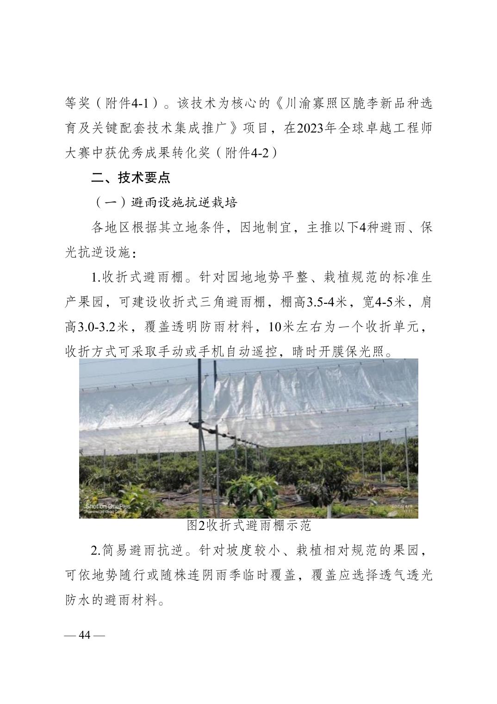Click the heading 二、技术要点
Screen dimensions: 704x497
pos(130,177)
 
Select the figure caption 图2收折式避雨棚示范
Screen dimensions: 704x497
pos(248,525)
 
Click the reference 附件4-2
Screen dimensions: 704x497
pos(251,152)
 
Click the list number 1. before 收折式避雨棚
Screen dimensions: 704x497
pos(96,278)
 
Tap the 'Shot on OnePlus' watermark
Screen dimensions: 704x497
pos(108,506)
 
